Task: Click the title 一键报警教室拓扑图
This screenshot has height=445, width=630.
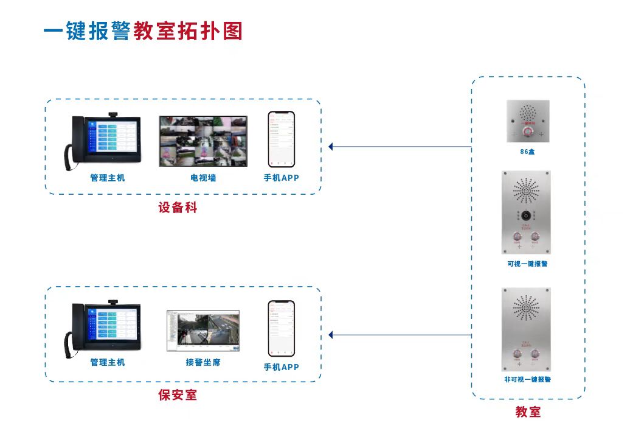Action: tap(143, 31)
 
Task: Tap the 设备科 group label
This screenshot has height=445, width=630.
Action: tap(178, 208)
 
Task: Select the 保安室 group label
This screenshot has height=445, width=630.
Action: tap(178, 395)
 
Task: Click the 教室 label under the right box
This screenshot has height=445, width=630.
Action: tap(528, 412)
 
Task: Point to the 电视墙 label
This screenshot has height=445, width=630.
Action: tap(202, 178)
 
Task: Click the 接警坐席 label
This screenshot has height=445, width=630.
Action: tap(202, 362)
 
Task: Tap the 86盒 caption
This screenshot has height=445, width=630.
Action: tap(527, 151)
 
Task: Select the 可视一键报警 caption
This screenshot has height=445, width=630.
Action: tap(527, 264)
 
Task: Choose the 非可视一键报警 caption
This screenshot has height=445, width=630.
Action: tap(527, 379)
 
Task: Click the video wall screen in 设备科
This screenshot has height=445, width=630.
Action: tap(203, 141)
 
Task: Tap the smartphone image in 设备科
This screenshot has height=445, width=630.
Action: tap(281, 139)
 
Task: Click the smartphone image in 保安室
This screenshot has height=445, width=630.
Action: tap(281, 328)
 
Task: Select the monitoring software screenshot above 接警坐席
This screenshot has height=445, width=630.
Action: tap(203, 331)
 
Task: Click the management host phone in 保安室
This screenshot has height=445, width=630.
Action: tap(103, 328)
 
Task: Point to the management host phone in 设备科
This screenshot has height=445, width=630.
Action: tap(103, 141)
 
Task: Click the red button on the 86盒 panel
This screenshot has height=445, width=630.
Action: tap(527, 130)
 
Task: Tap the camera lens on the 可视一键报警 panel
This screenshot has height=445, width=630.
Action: tap(526, 215)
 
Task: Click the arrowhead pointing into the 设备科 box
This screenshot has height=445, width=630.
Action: tap(331, 147)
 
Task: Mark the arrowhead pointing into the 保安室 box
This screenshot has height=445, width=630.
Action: tap(331, 335)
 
